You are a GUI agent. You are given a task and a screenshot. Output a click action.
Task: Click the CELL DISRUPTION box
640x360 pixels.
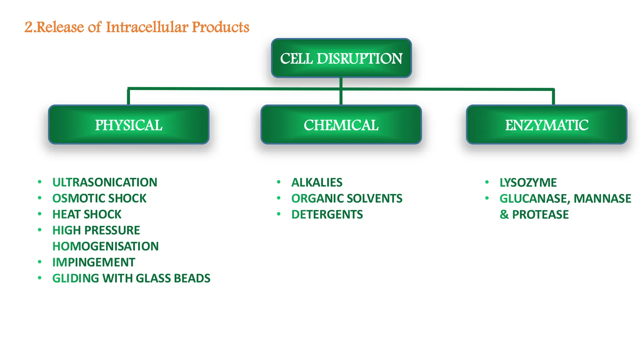(x=341, y=58)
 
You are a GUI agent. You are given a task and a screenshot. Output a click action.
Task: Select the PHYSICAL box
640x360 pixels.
(x=128, y=125)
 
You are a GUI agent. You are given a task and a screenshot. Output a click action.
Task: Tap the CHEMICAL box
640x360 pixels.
(x=341, y=125)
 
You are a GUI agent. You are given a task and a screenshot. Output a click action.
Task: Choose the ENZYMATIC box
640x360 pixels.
(x=547, y=125)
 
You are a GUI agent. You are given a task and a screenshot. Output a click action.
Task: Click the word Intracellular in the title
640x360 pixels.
(x=147, y=27)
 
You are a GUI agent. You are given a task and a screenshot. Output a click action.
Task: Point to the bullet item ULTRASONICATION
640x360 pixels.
(x=105, y=182)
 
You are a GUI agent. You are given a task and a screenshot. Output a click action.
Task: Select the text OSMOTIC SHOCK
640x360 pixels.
(x=99, y=198)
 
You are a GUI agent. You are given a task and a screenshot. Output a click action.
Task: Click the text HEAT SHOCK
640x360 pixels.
(x=87, y=214)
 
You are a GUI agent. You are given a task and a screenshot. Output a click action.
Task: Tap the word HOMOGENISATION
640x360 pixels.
(x=105, y=246)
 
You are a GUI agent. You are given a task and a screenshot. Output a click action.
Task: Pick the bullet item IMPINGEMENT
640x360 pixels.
(x=93, y=262)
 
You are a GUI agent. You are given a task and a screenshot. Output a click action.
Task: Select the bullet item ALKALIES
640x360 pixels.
(x=317, y=182)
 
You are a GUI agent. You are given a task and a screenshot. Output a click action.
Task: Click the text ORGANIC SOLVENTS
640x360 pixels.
(x=347, y=198)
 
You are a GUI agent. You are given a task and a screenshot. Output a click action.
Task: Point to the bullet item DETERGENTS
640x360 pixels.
(x=327, y=214)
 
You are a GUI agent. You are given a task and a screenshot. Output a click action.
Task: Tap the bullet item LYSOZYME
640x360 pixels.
(x=528, y=182)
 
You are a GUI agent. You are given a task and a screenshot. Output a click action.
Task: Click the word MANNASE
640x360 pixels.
(x=602, y=198)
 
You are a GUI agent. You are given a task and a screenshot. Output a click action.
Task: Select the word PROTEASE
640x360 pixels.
(x=540, y=214)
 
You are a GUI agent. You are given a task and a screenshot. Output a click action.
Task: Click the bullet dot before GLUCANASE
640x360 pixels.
(x=487, y=198)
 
